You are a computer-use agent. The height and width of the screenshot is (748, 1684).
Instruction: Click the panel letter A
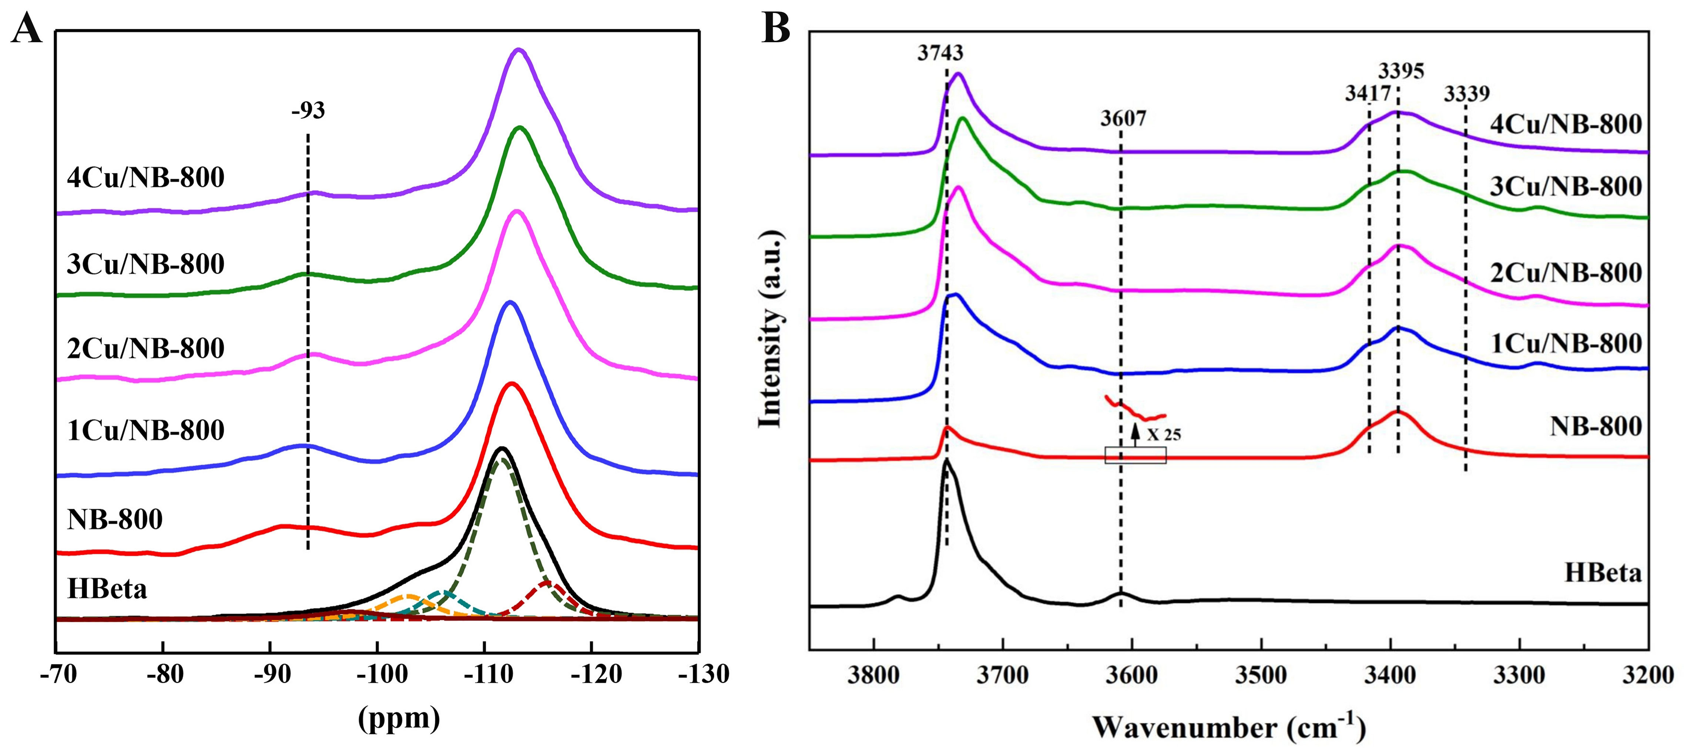(x=26, y=29)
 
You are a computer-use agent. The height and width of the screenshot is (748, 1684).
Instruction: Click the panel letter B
(x=776, y=29)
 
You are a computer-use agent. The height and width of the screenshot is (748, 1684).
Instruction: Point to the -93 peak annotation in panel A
(x=308, y=110)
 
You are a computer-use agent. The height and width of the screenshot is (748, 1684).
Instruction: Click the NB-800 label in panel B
(x=1595, y=426)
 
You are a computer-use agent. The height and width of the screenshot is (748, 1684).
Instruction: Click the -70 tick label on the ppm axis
(x=59, y=674)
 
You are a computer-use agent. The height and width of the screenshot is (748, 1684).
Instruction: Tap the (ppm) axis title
(x=399, y=718)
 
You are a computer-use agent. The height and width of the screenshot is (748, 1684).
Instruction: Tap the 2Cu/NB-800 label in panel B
(x=1566, y=273)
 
